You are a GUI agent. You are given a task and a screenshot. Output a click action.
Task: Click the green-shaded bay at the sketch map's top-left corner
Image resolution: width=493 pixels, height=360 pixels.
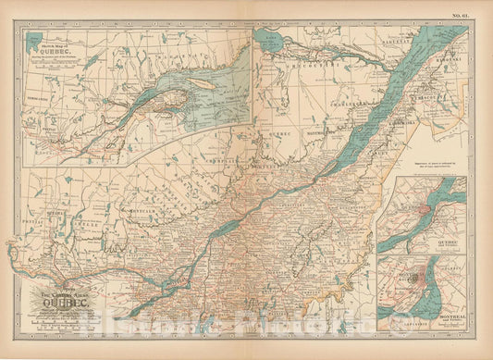point(36,41)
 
